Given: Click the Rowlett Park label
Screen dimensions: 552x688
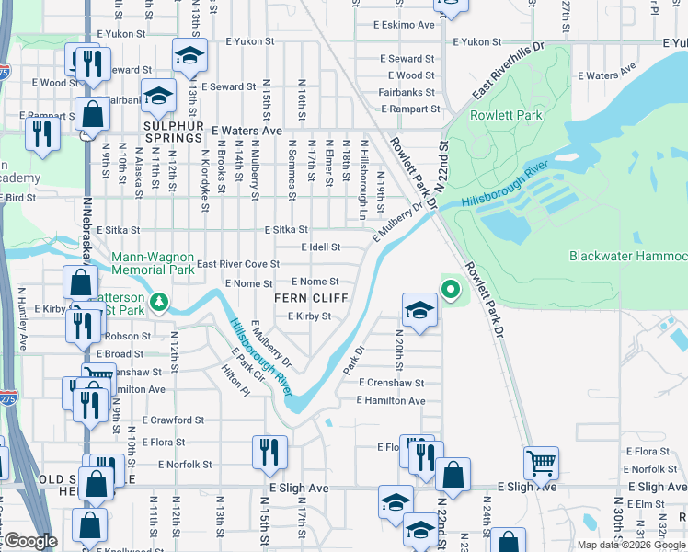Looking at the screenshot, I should coord(493,115).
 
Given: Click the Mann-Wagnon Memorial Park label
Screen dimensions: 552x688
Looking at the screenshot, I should coord(154,263).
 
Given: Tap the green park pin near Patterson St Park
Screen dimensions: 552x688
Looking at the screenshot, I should coord(159,301).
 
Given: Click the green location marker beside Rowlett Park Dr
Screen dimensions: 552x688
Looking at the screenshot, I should coord(450,291).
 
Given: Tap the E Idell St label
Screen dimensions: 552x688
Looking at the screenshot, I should coord(322,247).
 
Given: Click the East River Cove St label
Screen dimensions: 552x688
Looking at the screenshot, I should coord(238,264).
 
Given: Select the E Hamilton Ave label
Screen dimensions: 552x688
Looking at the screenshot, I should coord(392,401).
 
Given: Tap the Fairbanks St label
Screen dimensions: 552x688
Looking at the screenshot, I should coord(406,92).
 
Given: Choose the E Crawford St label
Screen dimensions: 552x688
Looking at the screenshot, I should coord(175,420).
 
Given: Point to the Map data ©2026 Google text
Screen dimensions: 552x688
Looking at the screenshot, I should coord(632,545).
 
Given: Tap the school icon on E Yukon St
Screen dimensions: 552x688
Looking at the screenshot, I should coord(189,57).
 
